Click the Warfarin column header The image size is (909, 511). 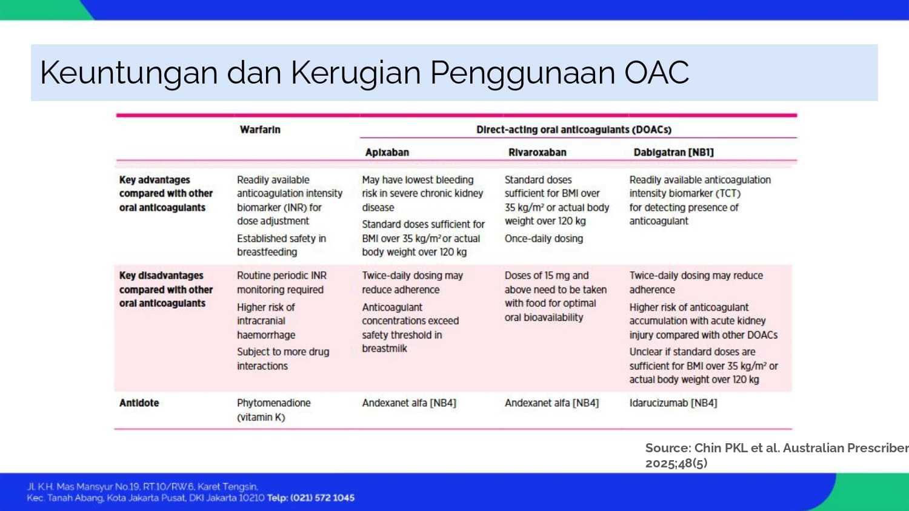click(260, 130)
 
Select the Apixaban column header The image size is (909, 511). click(387, 153)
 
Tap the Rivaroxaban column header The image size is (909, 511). click(538, 153)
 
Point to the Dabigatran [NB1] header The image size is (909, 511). click(674, 153)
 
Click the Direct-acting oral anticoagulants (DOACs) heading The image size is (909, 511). click(574, 130)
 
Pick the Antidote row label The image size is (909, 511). click(139, 403)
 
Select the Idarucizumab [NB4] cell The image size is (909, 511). click(673, 403)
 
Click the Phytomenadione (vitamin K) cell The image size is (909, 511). click(273, 410)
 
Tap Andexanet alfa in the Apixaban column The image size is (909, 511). click(409, 403)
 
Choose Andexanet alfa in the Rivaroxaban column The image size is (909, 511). click(551, 403)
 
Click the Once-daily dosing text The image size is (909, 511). click(544, 239)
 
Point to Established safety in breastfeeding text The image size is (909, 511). click(282, 245)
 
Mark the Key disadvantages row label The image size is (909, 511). click(166, 289)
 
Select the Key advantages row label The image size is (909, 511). click(166, 194)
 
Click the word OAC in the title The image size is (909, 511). click(656, 73)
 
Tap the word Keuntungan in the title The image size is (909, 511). click(128, 73)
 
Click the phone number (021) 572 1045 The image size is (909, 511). click(322, 498)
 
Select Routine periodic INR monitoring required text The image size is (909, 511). click(282, 283)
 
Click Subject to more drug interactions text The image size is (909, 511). click(283, 359)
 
